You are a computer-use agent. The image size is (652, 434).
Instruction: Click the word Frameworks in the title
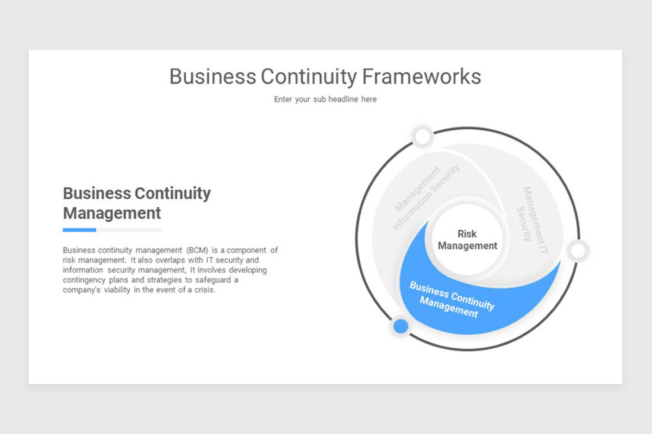coord(421,76)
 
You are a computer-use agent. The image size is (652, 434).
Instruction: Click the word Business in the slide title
coord(212,76)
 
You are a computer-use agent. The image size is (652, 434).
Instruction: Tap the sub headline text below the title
coord(325,99)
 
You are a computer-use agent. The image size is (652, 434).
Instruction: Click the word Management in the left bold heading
coord(112,213)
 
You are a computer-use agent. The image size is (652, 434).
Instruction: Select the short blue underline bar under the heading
coord(79,230)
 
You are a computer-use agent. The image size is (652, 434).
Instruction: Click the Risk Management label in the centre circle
coord(467,240)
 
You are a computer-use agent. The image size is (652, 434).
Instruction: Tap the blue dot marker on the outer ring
coord(400,326)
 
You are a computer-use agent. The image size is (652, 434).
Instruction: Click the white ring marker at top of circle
coord(423,137)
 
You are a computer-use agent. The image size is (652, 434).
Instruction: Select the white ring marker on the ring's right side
coord(578,251)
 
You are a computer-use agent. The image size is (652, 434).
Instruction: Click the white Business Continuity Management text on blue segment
coord(451,299)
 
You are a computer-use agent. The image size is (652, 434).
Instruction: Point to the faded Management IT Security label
coord(532,215)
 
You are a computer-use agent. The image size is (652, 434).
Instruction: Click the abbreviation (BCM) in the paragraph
coord(198,251)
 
